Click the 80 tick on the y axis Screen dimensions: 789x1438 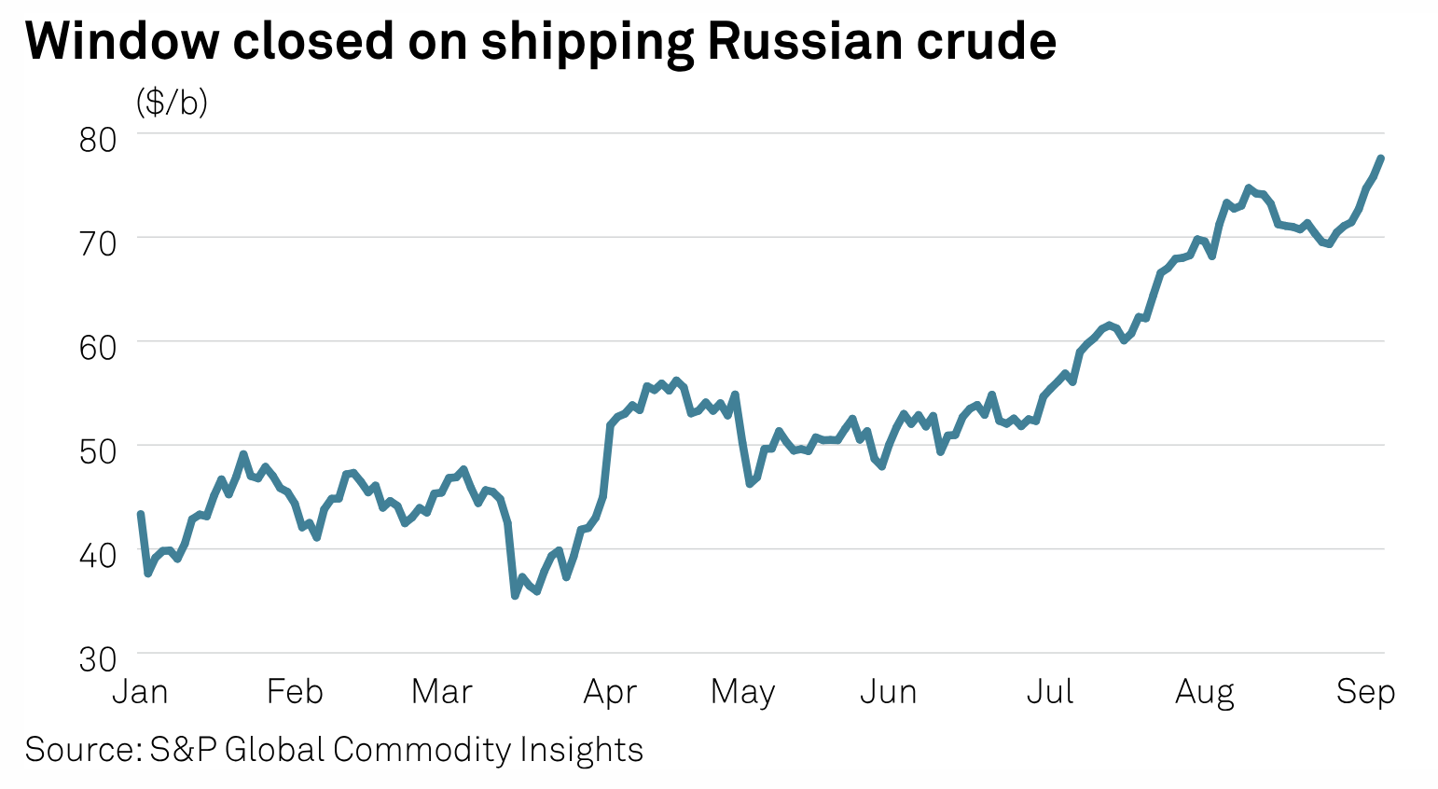coord(98,140)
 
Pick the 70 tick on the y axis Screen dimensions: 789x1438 coord(98,243)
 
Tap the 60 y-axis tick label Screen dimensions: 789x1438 coord(98,348)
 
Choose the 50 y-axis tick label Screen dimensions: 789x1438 coord(98,451)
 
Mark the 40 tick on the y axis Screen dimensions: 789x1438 coord(98,556)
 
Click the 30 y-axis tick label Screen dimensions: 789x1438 coord(98,659)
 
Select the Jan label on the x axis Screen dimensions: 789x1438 coord(140,692)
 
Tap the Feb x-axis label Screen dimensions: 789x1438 coord(295,692)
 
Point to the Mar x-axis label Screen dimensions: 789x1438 coord(442,692)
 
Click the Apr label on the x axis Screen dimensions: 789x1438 coord(610,692)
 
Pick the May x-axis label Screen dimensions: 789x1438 coord(742,692)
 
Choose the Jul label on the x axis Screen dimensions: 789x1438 coord(1050,692)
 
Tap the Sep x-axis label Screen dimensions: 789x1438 coord(1365,692)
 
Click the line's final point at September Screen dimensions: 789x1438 coord(1380,159)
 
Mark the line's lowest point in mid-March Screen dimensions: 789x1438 coord(515,594)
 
